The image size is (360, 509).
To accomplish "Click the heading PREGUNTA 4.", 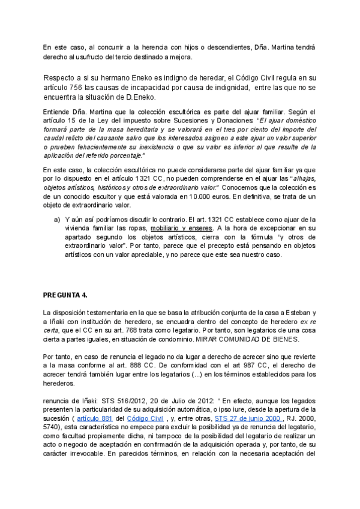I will pos(65,295).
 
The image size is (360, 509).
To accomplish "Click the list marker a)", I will pos(58,220).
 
